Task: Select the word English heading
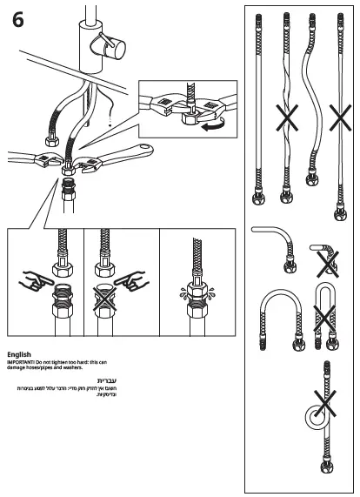tap(18, 355)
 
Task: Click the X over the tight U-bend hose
tap(323, 318)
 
